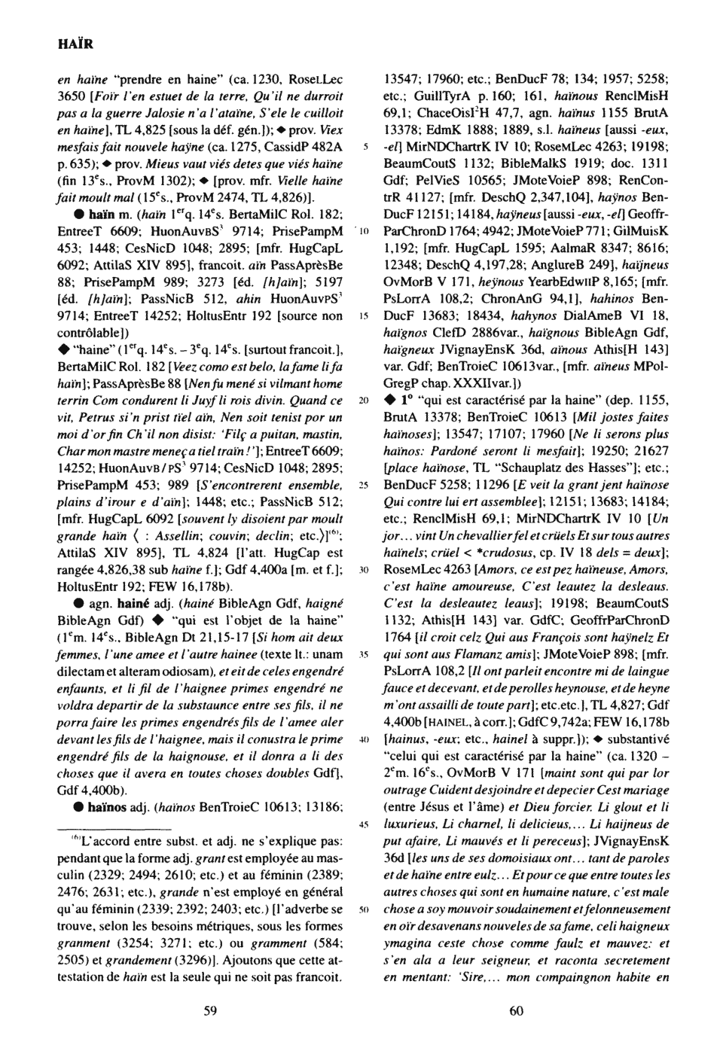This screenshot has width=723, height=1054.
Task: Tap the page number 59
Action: click(211, 1010)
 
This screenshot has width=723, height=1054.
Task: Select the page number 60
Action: click(516, 1010)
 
